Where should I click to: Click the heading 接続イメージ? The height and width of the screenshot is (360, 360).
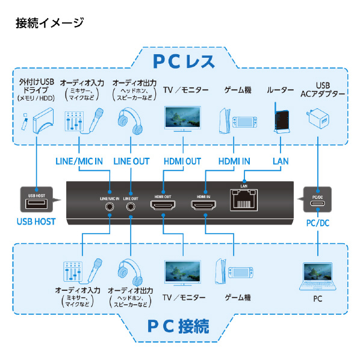click(x=48, y=23)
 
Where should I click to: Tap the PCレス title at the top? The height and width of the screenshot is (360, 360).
click(x=181, y=61)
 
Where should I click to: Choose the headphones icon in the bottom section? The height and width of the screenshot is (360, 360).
click(x=130, y=273)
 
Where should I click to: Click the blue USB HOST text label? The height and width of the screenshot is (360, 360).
click(x=36, y=222)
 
